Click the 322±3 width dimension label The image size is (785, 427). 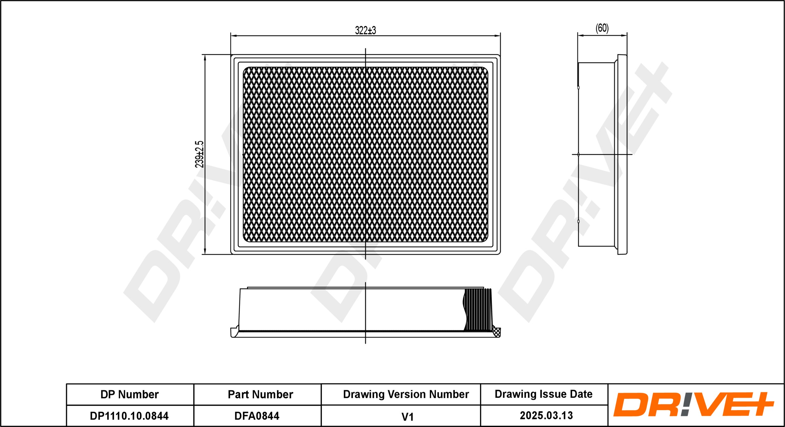[365, 30]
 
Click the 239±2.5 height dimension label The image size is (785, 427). [199, 154]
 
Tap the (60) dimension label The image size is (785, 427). [602, 28]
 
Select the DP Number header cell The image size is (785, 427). [130, 394]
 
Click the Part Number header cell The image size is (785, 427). [260, 394]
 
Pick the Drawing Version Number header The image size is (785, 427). [406, 394]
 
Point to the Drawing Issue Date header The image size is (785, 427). [544, 394]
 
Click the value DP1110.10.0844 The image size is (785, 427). [129, 416]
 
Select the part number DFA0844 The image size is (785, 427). [257, 416]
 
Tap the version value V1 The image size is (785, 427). [408, 417]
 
